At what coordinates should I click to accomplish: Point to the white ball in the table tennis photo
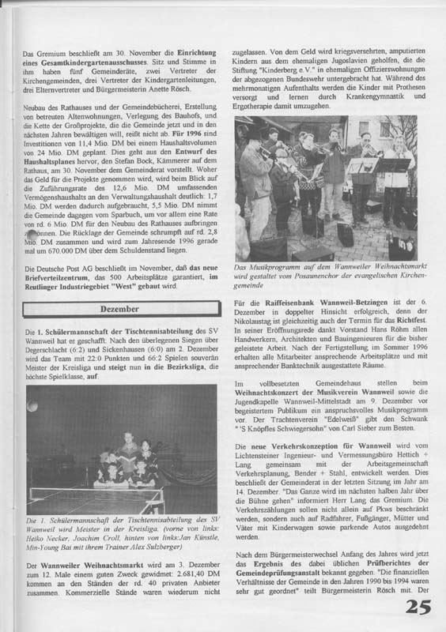(31, 406)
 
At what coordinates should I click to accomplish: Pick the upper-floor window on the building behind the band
(365, 128)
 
